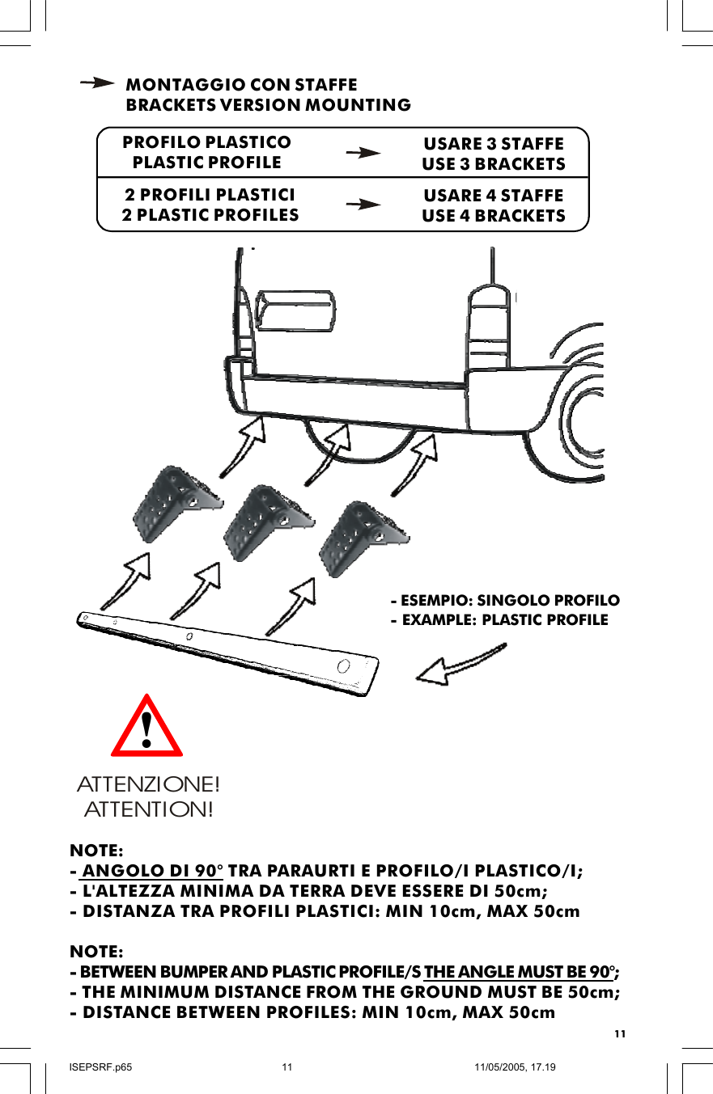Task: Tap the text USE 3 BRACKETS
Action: (x=494, y=164)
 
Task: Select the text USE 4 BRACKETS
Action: (x=494, y=216)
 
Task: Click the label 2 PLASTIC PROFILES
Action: (x=210, y=215)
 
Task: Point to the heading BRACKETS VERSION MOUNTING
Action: (x=269, y=106)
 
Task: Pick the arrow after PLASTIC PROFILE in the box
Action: (x=363, y=152)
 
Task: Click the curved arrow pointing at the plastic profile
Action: (x=461, y=660)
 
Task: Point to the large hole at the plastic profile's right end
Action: (x=344, y=666)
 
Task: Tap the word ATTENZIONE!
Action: (x=148, y=785)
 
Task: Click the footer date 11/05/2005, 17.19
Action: (x=515, y=1067)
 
